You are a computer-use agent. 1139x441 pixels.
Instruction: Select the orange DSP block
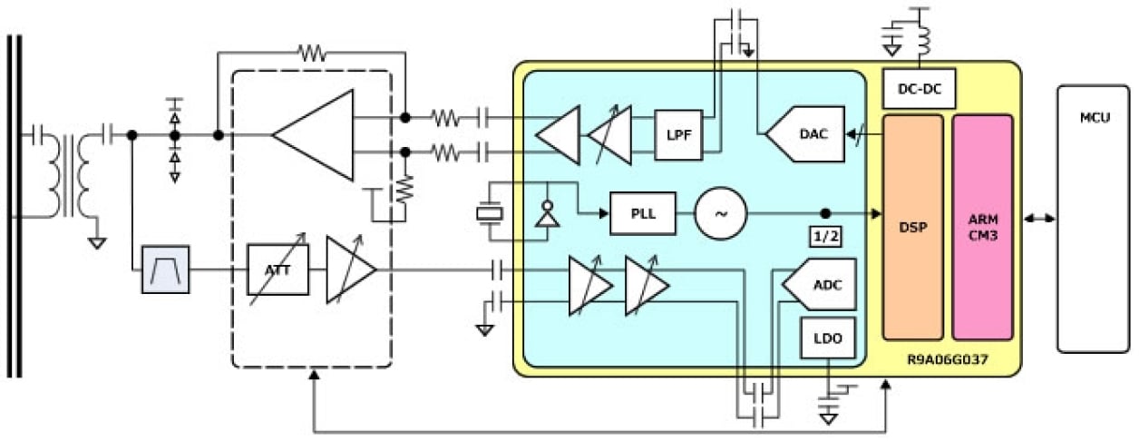913,227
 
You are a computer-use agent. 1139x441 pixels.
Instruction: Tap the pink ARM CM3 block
982,227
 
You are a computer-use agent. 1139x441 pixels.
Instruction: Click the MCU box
1093,219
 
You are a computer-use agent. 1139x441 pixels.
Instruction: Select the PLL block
643,214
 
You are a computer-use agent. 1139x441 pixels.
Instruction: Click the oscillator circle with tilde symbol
721,214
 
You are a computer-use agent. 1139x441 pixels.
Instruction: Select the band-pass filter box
165,269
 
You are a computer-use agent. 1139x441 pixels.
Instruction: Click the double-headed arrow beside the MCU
1038,219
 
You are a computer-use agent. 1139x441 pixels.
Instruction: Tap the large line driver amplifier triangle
316,135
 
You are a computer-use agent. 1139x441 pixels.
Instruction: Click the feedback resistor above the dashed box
313,54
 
